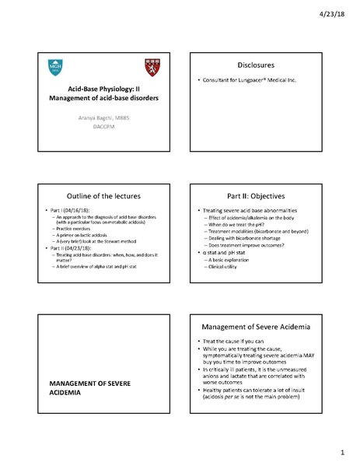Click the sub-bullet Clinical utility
pos(229,266)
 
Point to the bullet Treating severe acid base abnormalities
pos(248,212)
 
